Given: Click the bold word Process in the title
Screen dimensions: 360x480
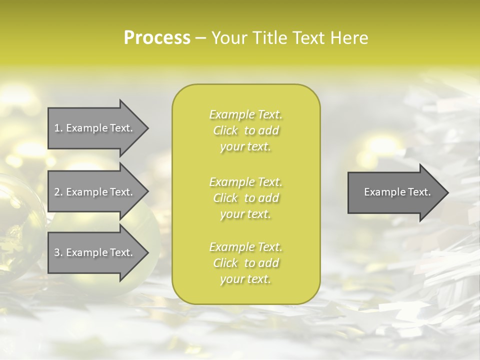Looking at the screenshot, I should (157, 38).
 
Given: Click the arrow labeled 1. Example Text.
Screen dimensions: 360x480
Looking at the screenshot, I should (95, 128).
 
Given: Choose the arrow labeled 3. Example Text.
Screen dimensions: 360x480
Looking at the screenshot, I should (95, 253).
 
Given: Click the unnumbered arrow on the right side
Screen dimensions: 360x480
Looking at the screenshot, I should (395, 192).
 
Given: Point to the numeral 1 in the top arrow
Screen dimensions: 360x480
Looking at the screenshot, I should (57, 128).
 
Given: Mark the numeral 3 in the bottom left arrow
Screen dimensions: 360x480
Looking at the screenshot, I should (57, 253).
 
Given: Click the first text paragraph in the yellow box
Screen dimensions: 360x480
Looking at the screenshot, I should (245, 130).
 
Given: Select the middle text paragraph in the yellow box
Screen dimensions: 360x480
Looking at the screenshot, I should (245, 198).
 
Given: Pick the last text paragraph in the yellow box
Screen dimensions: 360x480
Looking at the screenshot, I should (245, 263).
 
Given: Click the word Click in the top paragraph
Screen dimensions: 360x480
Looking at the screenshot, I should (225, 131).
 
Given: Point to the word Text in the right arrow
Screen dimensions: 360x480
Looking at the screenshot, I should (419, 192).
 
